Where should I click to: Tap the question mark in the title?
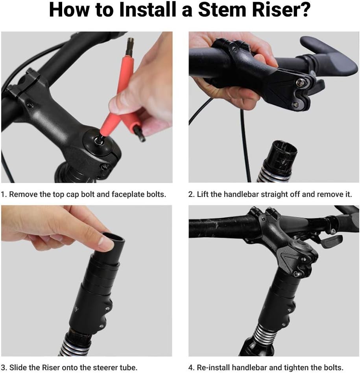pyautogui.click(x=305, y=11)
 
